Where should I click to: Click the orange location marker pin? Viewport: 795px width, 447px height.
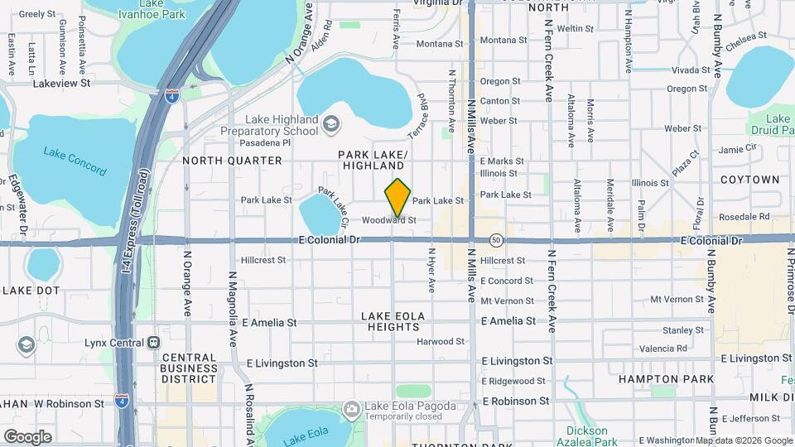[398, 198]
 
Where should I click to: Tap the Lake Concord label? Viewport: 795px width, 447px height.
[75, 161]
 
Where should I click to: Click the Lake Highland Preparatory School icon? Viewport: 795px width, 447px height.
[330, 124]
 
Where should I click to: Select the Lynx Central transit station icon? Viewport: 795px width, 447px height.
[153, 343]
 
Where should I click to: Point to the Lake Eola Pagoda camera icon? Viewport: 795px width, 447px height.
[351, 408]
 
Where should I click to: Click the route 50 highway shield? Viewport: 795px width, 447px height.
[495, 240]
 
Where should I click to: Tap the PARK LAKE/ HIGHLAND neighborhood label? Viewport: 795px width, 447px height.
[373, 161]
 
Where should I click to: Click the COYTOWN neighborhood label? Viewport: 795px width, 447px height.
[749, 179]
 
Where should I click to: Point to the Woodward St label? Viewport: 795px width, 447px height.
[388, 220]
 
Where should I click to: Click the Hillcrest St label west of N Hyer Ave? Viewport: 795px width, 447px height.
[263, 260]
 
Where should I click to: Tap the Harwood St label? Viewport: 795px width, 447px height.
[440, 341]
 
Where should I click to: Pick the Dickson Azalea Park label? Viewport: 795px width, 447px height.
[587, 435]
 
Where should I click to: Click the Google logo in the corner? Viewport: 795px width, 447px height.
[27, 436]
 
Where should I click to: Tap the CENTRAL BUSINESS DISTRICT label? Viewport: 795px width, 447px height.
[189, 368]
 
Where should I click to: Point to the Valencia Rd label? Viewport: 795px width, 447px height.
[663, 348]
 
